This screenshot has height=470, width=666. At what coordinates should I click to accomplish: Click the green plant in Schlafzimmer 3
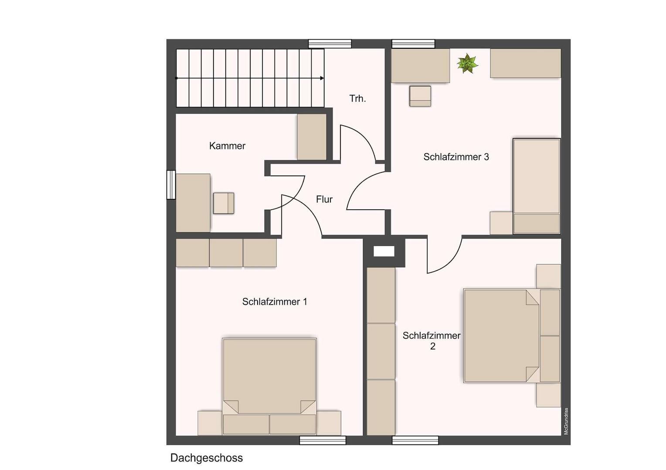coord(467,64)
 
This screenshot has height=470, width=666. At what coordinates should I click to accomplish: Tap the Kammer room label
coord(227,146)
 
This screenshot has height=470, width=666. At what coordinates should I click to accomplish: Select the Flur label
coord(324,199)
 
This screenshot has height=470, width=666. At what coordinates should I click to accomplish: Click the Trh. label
coord(357,99)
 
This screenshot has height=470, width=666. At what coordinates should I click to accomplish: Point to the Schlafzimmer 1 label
coord(275,302)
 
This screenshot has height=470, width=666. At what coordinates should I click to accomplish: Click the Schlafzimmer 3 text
coord(456,157)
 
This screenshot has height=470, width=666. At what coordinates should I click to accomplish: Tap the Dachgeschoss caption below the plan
coord(206,458)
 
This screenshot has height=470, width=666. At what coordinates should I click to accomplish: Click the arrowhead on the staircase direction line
coord(322,78)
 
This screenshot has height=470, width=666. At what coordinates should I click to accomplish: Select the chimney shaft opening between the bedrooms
coord(384,252)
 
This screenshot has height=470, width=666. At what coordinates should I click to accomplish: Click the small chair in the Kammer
coord(224,203)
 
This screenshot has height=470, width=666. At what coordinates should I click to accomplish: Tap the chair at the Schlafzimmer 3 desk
coord(420,96)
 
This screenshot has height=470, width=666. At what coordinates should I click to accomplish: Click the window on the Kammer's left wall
coord(171,185)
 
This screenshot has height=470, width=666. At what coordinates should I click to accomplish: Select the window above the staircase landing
coord(330,44)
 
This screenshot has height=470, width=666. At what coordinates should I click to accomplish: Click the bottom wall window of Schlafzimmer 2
coord(415,440)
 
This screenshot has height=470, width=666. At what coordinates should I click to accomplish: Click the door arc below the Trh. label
coord(358,141)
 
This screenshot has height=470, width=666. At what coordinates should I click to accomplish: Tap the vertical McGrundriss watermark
coord(566,421)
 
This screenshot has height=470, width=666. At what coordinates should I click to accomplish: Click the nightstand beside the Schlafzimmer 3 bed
coord(501,223)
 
